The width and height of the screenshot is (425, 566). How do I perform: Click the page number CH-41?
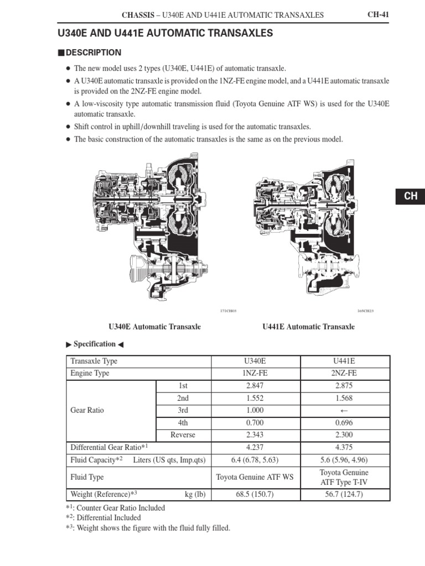[379, 14]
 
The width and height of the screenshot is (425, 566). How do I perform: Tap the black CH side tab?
[410, 196]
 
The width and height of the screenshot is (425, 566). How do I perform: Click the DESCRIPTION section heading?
[93, 53]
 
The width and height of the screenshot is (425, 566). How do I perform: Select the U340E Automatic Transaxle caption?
[155, 327]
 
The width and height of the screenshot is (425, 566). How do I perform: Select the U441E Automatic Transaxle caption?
[308, 327]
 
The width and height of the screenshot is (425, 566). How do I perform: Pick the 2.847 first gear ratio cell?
[255, 386]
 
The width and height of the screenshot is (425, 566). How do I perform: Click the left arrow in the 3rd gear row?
[344, 411]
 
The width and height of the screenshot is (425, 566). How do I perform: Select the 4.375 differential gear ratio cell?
[344, 447]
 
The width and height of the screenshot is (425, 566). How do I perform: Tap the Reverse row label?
[183, 435]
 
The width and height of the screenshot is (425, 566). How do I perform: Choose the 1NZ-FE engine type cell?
[255, 373]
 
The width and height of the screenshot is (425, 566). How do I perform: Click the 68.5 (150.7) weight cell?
[255, 494]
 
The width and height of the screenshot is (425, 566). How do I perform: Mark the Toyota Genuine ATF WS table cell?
[255, 477]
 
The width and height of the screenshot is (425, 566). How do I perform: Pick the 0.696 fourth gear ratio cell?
[344, 423]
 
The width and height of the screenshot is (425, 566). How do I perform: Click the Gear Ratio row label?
[87, 411]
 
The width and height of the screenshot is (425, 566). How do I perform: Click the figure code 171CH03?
[228, 311]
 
